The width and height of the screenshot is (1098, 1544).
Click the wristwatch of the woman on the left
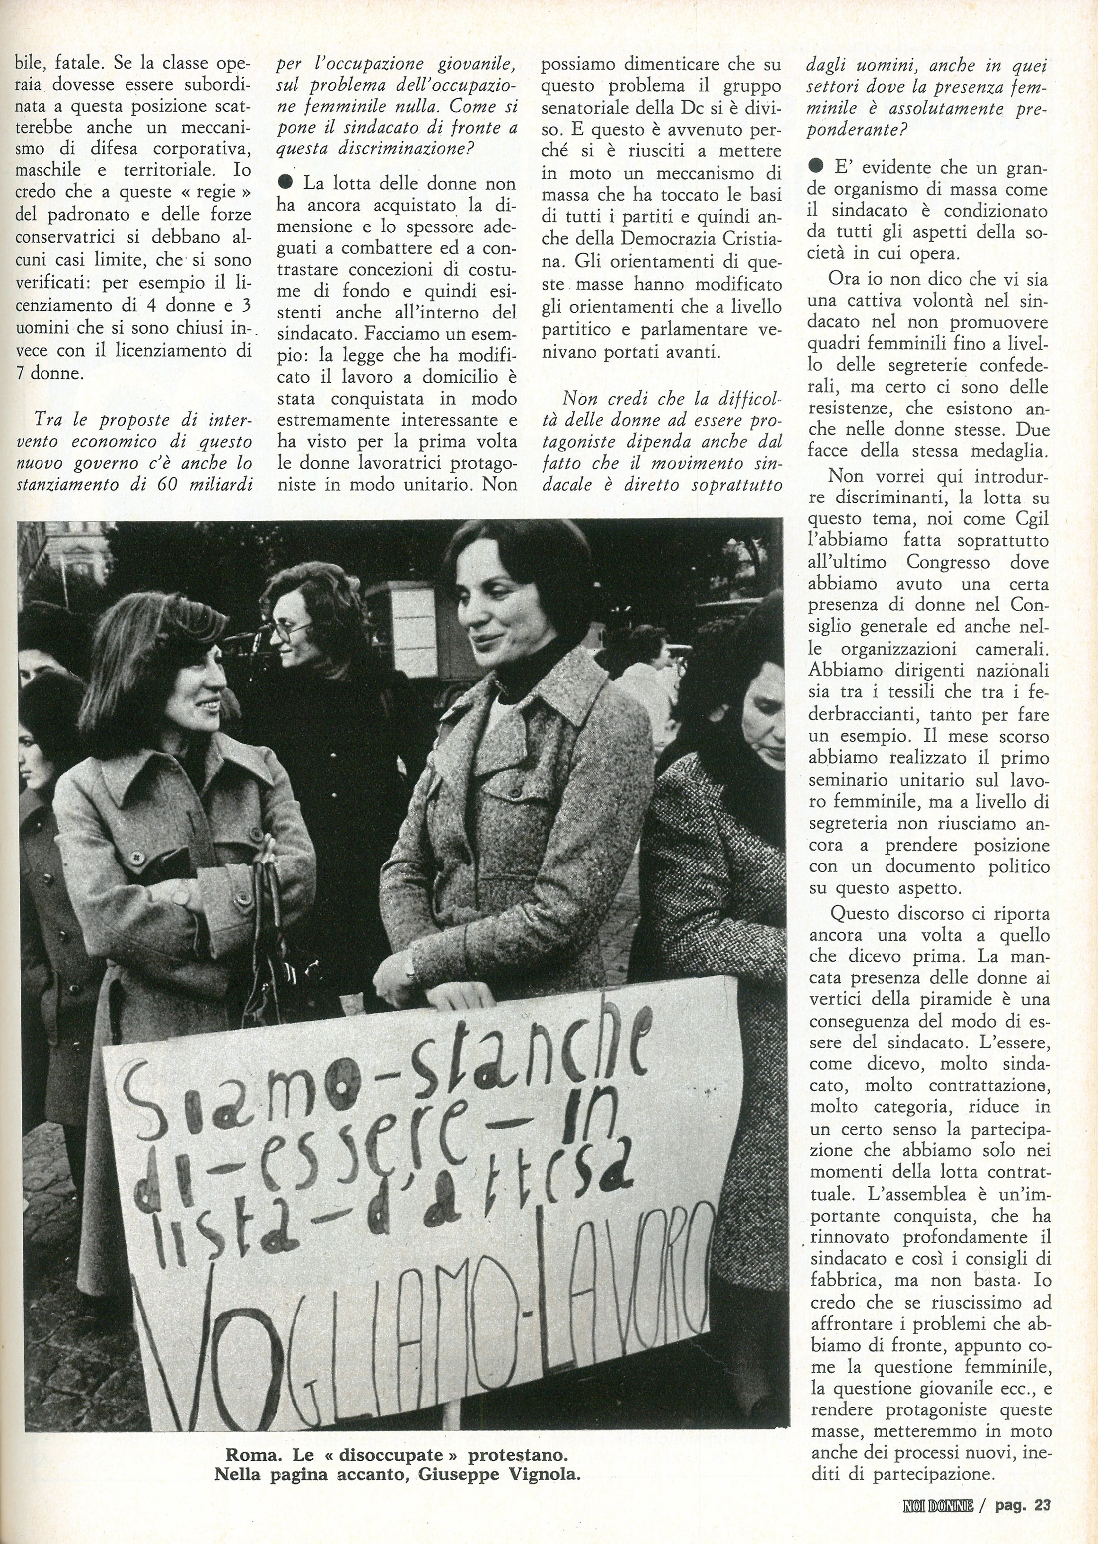[x=181, y=897]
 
